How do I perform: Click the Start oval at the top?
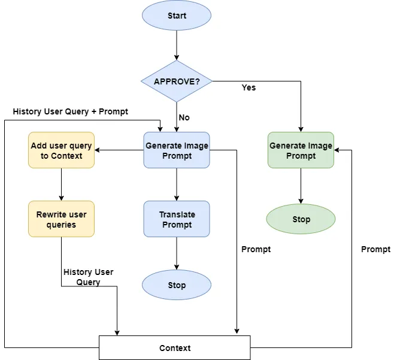click(x=177, y=15)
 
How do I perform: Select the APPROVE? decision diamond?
click(x=177, y=81)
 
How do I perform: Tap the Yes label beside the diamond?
click(x=248, y=87)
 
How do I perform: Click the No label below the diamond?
click(x=184, y=117)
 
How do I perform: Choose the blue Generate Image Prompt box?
click(x=177, y=150)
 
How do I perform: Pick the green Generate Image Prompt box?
click(x=301, y=150)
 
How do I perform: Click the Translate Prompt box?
click(x=177, y=219)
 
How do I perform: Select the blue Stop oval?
click(x=177, y=285)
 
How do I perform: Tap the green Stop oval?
click(x=301, y=219)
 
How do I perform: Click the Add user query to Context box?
click(x=62, y=150)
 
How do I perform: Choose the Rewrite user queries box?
click(x=62, y=219)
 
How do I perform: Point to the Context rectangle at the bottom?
click(x=175, y=348)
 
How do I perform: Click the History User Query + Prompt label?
click(x=70, y=111)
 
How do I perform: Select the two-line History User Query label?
click(x=88, y=277)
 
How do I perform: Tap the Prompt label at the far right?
click(x=375, y=249)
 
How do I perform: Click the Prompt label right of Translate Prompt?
click(x=256, y=249)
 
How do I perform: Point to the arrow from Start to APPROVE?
click(x=177, y=45)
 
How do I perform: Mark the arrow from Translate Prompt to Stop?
click(x=177, y=253)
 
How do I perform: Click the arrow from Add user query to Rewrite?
click(x=62, y=184)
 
